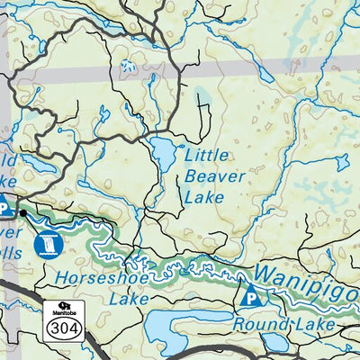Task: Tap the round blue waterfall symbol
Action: pyautogui.click(x=46, y=243)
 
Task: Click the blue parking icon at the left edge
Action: pyautogui.click(x=4, y=208)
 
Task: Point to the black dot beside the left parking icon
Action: pyautogui.click(x=22, y=213)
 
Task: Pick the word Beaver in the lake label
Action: pyautogui.click(x=213, y=175)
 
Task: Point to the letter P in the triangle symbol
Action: pyautogui.click(x=251, y=297)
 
